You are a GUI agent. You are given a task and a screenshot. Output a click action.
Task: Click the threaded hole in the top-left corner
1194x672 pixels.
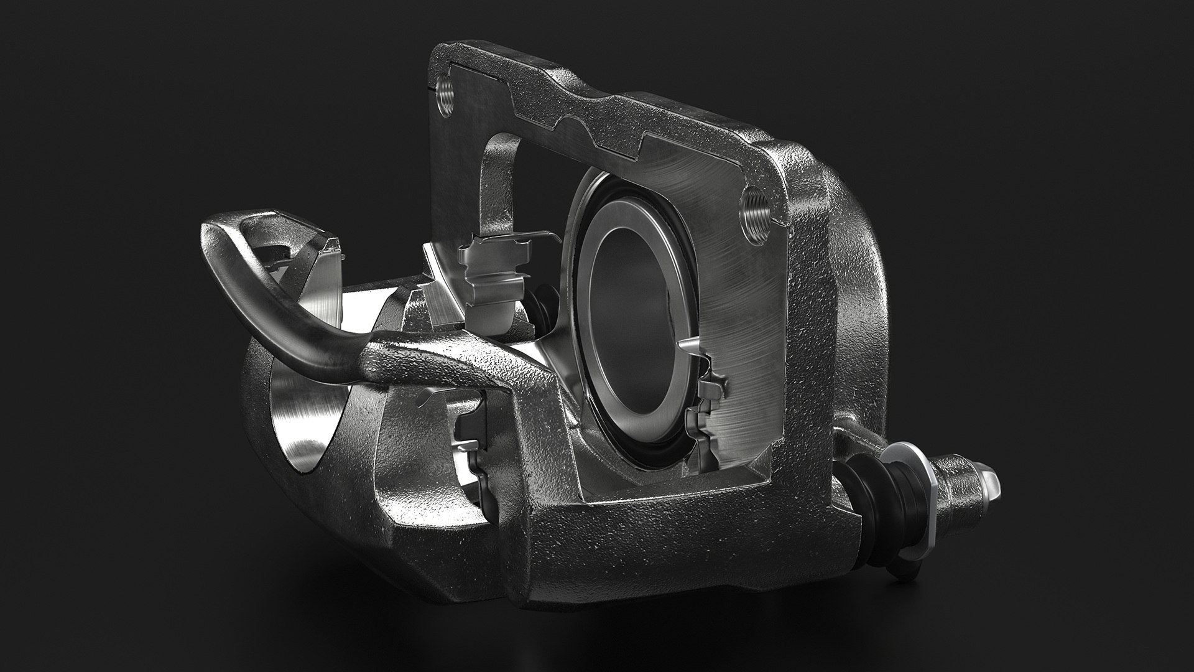(447, 97)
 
